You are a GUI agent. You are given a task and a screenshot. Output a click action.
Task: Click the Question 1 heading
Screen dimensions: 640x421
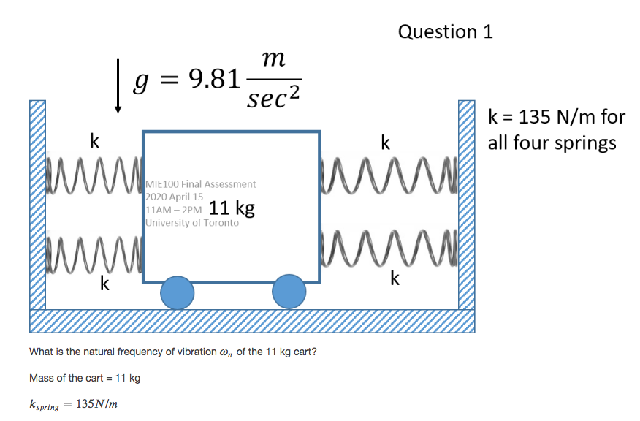tap(446, 32)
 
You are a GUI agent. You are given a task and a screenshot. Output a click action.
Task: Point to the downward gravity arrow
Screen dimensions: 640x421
tap(118, 86)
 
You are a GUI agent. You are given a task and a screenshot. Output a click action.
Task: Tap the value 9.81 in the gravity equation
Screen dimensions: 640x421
tap(214, 78)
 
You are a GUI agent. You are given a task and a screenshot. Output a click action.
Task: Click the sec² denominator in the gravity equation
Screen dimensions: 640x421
tap(273, 97)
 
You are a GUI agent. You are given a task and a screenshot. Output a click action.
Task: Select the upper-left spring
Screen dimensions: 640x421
tap(94, 175)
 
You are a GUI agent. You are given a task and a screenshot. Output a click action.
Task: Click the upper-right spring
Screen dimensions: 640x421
tap(389, 175)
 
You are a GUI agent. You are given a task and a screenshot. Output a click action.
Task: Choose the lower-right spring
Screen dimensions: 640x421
tap(389, 249)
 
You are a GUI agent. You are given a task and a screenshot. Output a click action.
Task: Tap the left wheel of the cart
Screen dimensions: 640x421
tap(177, 293)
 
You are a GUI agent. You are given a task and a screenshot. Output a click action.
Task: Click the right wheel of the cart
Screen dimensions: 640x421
tap(289, 291)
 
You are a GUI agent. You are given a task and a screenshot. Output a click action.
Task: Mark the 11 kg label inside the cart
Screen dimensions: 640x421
tap(232, 208)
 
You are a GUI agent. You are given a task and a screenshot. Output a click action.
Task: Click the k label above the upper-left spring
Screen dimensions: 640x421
tap(94, 141)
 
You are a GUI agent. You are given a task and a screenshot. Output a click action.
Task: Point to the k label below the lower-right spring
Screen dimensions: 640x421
tap(395, 278)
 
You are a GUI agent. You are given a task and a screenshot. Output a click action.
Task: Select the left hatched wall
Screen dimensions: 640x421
tap(37, 205)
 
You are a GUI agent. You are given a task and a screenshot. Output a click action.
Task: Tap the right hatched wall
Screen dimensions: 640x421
tap(467, 205)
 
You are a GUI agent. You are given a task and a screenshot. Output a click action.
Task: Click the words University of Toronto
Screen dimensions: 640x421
tap(192, 222)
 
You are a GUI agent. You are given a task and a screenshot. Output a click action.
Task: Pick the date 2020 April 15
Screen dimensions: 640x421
tap(175, 197)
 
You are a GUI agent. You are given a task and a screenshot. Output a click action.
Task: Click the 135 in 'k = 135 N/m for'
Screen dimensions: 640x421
tap(534, 117)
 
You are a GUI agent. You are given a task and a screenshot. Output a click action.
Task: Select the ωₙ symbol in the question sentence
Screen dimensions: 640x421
tap(226, 353)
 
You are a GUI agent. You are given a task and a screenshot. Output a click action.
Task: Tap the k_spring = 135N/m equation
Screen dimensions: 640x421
tap(74, 405)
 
